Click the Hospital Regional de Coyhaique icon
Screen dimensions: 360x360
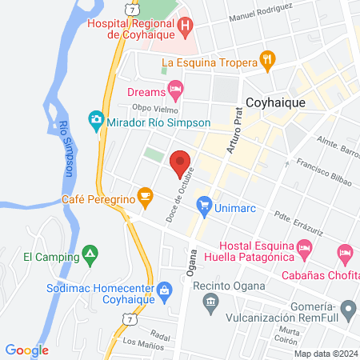pos(186,26)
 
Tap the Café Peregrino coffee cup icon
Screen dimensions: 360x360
pos(144,194)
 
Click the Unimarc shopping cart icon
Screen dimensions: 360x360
pos(204,204)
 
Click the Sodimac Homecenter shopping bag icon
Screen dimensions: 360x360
pos(165,289)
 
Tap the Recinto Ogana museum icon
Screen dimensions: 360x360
pos(210,302)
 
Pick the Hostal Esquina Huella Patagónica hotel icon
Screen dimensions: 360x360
pos(304,249)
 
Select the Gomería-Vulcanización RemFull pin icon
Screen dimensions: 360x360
pos(347,308)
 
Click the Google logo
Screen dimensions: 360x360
pos(27,350)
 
